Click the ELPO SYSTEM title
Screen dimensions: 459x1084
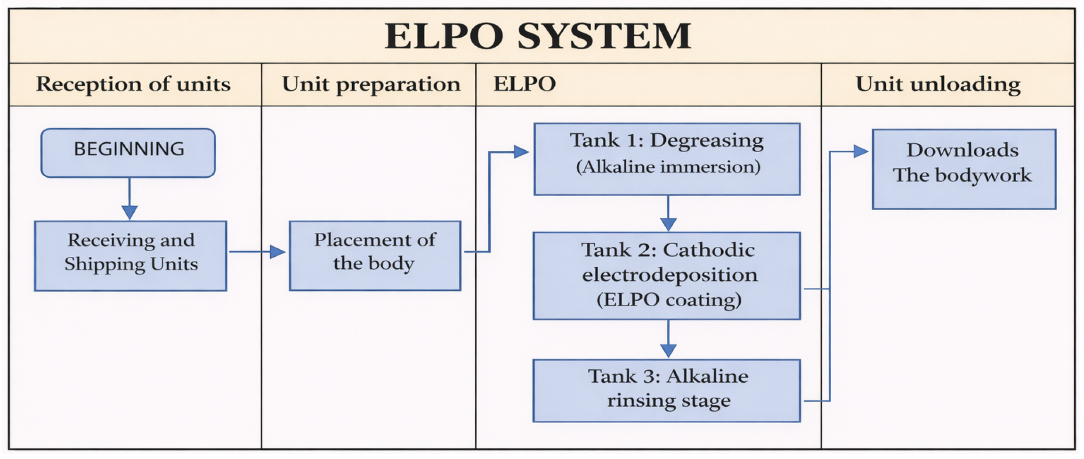(x=538, y=36)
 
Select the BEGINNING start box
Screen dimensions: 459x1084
(x=128, y=153)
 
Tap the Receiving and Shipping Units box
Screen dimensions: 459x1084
(x=130, y=256)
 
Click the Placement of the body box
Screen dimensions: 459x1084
(x=375, y=256)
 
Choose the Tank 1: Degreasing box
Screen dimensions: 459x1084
(x=667, y=159)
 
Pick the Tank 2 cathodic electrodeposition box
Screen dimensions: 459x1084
(x=667, y=276)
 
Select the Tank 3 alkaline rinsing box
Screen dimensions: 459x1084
(x=667, y=391)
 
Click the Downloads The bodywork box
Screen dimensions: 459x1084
(x=964, y=169)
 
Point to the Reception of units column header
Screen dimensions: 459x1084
(x=133, y=84)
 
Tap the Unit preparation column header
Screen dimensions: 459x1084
(x=371, y=84)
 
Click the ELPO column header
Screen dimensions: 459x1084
(x=524, y=84)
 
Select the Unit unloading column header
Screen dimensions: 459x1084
(x=938, y=84)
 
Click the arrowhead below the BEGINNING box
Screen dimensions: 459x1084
(x=129, y=212)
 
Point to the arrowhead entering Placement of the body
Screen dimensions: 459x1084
(x=278, y=252)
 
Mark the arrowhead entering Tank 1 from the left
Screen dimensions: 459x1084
(x=521, y=152)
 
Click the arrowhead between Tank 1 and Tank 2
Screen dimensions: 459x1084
(x=668, y=224)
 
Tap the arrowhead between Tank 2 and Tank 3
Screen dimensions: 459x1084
(x=668, y=351)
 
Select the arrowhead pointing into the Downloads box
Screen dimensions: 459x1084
(x=861, y=151)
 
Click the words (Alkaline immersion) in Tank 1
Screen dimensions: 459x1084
(x=668, y=167)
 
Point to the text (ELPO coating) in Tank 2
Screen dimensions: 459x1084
(x=669, y=300)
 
